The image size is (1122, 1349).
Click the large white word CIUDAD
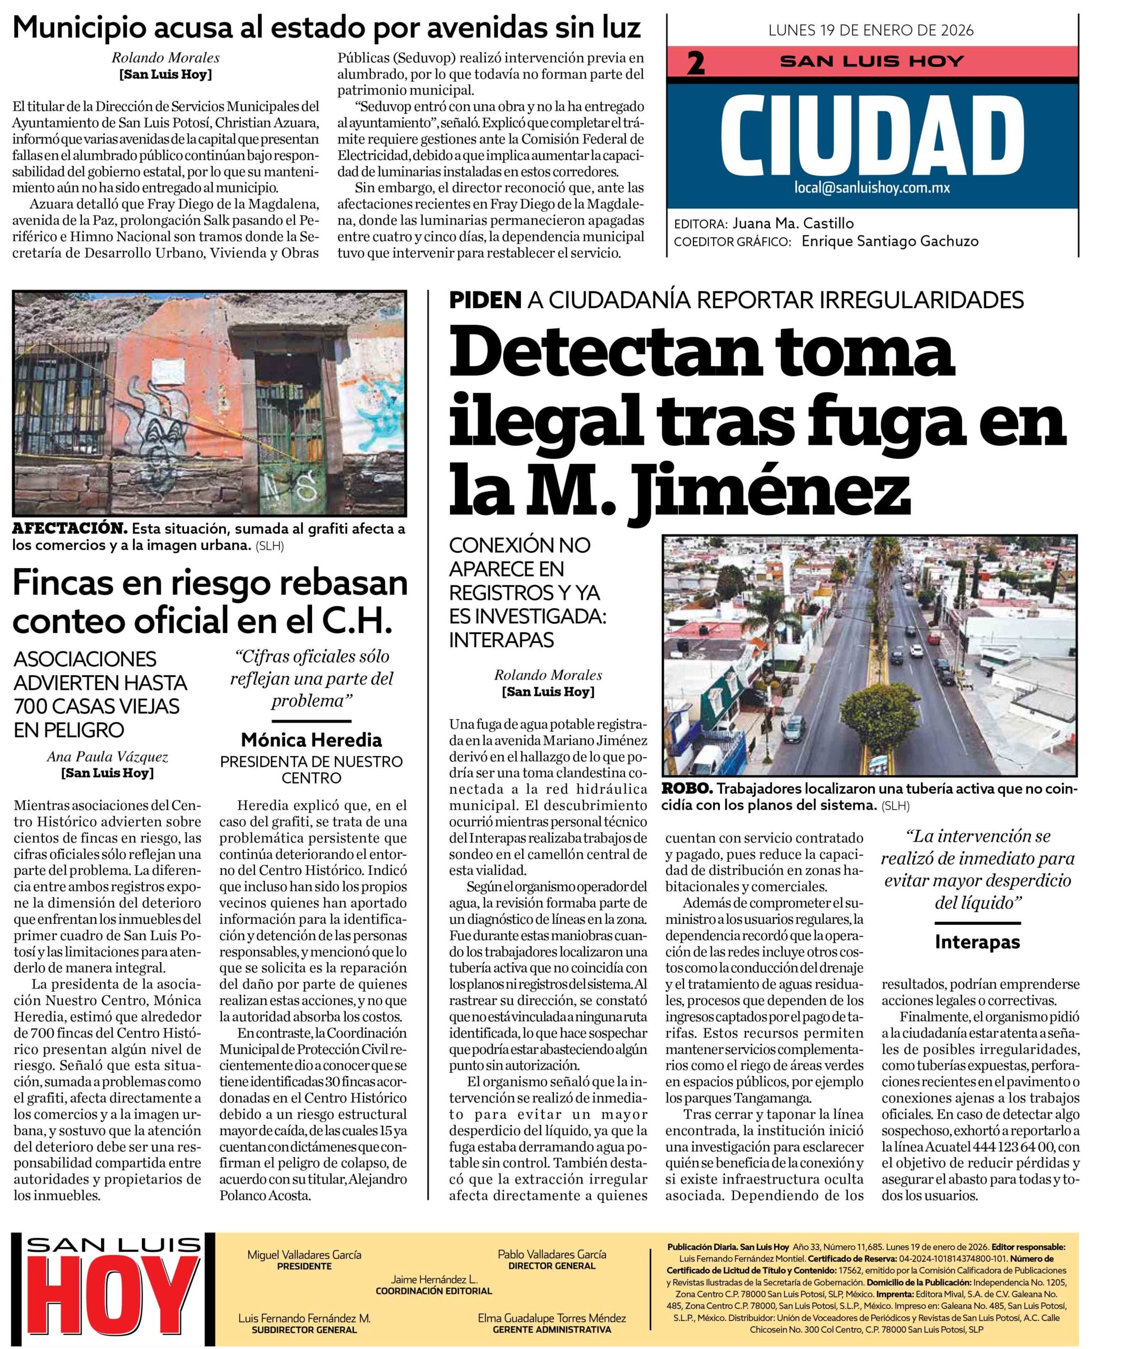872,135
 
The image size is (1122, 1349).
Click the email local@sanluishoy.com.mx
872,188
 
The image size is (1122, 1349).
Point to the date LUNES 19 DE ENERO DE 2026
871,30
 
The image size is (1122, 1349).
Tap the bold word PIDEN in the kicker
485,300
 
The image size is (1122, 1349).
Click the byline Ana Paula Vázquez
108,757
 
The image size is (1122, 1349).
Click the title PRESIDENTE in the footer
304,1266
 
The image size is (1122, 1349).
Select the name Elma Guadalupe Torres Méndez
551,1317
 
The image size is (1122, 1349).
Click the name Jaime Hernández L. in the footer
434,1279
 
